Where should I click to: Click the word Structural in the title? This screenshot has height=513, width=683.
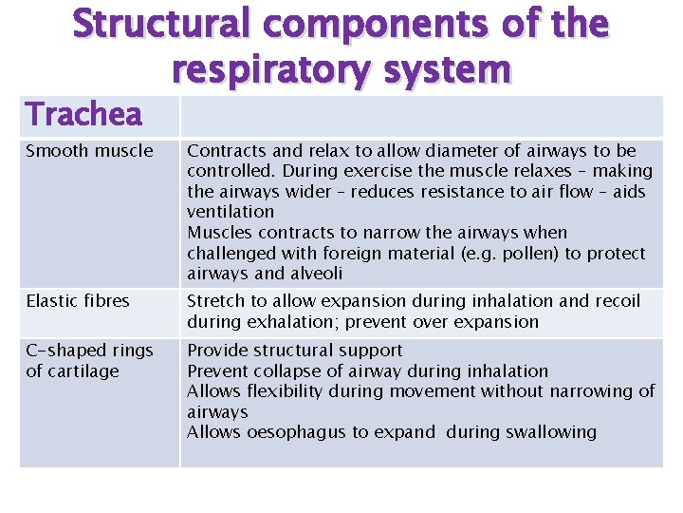[x=158, y=25]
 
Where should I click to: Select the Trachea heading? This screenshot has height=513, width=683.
[x=83, y=114]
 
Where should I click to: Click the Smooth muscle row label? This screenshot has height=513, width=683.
[x=89, y=150]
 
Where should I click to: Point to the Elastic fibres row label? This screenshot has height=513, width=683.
[x=77, y=300]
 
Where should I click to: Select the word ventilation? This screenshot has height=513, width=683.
[x=231, y=212]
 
